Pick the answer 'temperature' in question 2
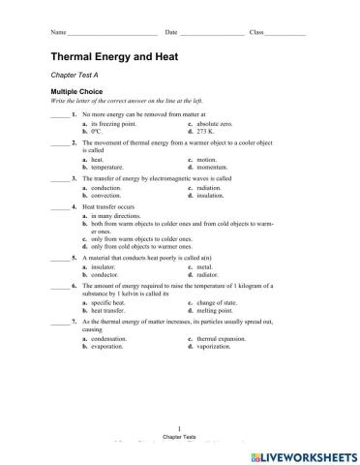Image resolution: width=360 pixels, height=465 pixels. point(106,167)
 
